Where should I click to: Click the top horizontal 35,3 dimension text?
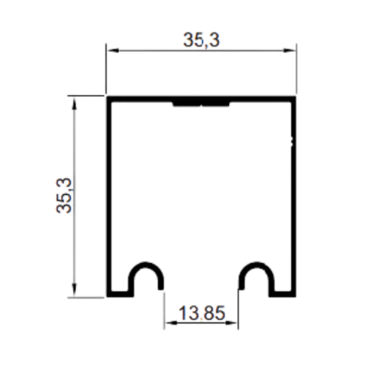tap(201, 40)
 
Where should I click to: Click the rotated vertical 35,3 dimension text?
tap(64, 195)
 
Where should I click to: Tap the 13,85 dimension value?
tap(202, 313)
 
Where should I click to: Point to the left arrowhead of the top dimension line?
tap(113, 51)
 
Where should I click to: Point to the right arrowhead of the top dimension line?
tap(289, 51)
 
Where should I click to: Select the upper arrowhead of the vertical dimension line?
tap(74, 102)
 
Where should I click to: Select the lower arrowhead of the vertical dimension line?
tap(74, 290)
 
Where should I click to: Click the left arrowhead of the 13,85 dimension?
tap(171, 323)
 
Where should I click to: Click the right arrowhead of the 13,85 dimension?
tap(232, 323)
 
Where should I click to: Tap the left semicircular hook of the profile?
tap(146, 264)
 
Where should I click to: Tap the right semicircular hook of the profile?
tap(256, 264)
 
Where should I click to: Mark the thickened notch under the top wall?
tap(201, 104)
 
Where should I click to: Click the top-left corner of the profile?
tap(107, 96)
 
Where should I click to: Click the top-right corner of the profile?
tap(296, 96)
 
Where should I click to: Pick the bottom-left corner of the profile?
tap(107, 296)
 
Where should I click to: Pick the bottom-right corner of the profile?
tap(296, 296)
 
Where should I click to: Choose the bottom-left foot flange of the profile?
tap(120, 294)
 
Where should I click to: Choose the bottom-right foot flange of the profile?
tap(282, 294)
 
